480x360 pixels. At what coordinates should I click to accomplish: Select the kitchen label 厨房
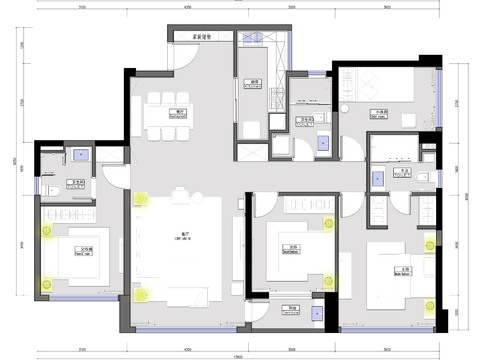pos(256,83)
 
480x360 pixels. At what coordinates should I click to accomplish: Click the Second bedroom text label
pos(293,248)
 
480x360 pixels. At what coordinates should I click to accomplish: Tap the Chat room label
pos(380,113)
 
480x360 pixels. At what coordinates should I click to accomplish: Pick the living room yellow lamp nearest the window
pos(141,295)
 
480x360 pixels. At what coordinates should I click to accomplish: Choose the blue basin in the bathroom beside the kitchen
pos(322,143)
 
